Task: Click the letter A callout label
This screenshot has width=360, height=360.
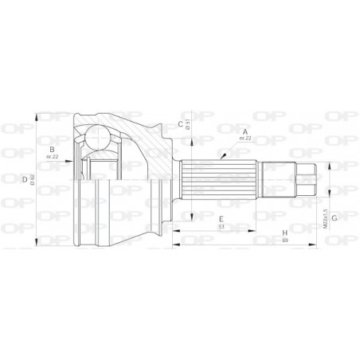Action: tap(246, 131)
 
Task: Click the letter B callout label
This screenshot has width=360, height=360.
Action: tap(52, 149)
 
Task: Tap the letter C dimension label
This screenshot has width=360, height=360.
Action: tap(180, 123)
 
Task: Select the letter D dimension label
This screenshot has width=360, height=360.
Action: tap(25, 179)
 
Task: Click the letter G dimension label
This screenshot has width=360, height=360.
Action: tap(335, 216)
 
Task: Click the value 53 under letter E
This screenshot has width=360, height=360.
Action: tap(221, 228)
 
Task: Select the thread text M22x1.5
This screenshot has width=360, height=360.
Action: tap(324, 213)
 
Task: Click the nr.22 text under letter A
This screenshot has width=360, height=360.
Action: tap(246, 139)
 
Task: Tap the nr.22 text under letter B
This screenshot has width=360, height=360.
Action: tap(52, 157)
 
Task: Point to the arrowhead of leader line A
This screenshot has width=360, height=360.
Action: tap(226, 160)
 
